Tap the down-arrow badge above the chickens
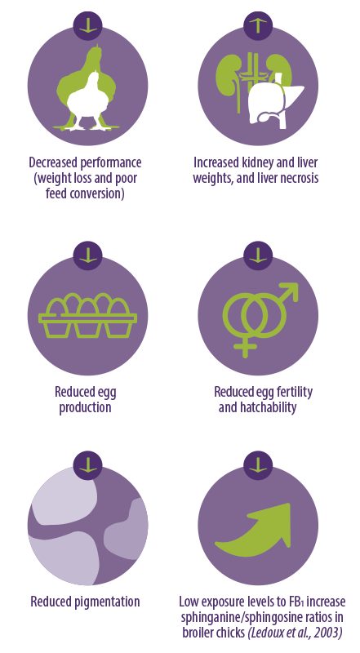88,25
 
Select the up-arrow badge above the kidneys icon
258,25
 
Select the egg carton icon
87,315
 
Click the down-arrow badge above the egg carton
88,255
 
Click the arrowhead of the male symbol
291,291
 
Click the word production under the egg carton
86,407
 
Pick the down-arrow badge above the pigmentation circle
88,465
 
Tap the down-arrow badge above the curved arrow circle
258,465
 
